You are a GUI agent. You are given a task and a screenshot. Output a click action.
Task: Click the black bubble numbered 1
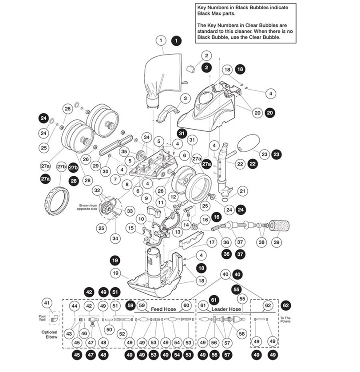[177, 40]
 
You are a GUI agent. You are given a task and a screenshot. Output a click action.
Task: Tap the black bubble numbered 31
[181, 133]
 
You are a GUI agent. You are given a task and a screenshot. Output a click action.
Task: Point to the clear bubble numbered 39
[277, 242]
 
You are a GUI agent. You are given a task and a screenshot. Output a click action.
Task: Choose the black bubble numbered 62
[286, 305]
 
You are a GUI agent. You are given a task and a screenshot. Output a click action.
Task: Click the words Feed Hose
[164, 309]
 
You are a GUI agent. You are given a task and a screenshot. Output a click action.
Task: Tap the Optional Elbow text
[49, 334]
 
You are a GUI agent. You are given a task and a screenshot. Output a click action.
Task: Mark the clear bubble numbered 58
[241, 333]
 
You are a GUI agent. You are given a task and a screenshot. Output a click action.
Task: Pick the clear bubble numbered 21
[242, 191]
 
